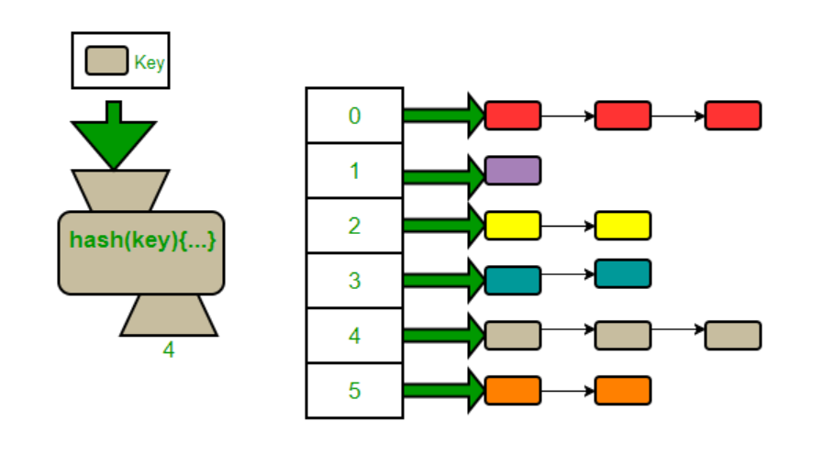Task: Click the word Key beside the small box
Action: click(x=149, y=62)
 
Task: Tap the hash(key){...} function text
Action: click(x=141, y=240)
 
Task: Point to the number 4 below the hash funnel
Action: click(x=168, y=350)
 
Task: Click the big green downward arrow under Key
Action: click(x=113, y=139)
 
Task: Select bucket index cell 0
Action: click(x=354, y=116)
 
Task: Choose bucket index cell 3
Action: click(x=354, y=281)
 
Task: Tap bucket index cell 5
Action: click(x=354, y=391)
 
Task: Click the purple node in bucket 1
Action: click(x=513, y=171)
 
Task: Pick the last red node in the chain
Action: click(x=732, y=116)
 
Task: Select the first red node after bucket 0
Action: click(x=513, y=116)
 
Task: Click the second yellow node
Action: click(x=622, y=226)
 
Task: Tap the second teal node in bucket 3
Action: click(x=622, y=273)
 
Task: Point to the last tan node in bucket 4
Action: click(x=732, y=336)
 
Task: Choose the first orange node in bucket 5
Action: click(x=513, y=391)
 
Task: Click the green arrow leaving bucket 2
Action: click(x=443, y=226)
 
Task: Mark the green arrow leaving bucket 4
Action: click(x=443, y=336)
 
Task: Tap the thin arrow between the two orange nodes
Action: click(x=568, y=391)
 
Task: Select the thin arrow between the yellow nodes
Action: click(x=568, y=226)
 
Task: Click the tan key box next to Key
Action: click(x=106, y=61)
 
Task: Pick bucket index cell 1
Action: click(x=354, y=171)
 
